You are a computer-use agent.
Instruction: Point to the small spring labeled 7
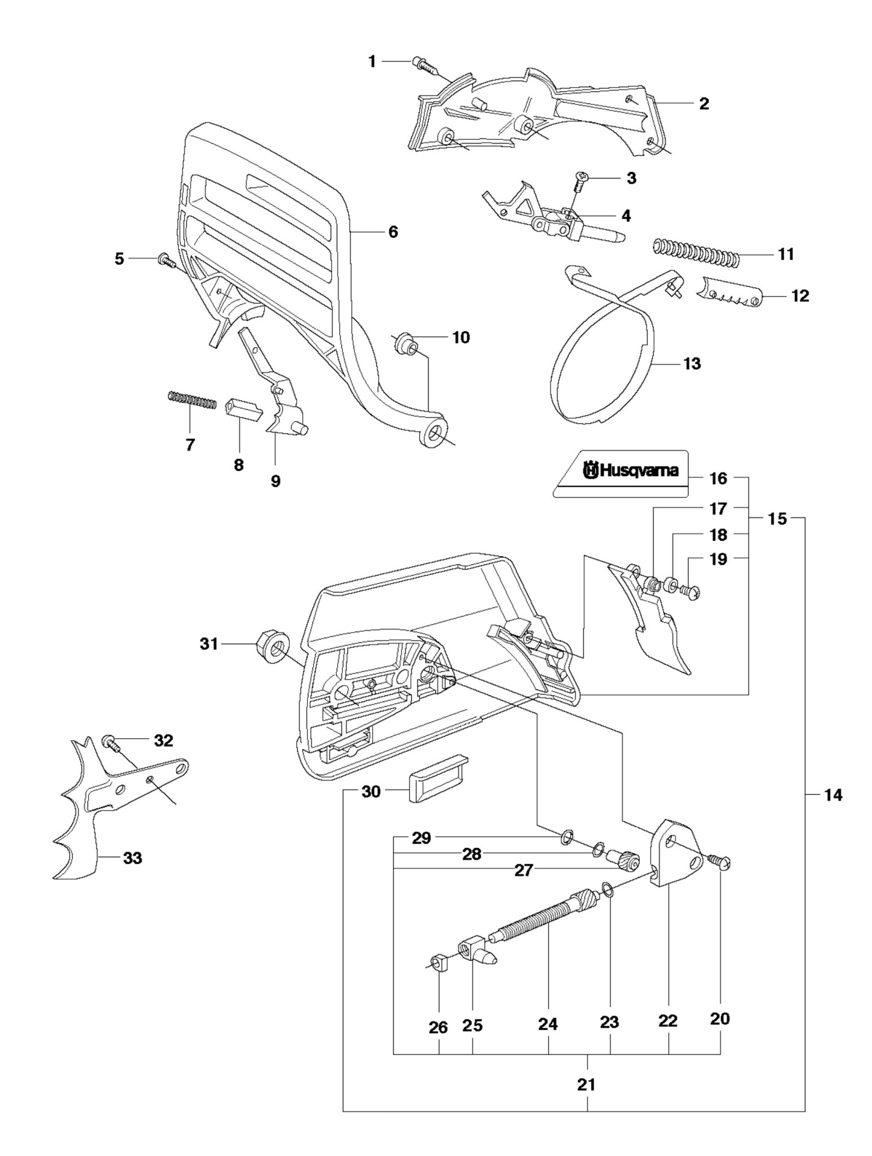click(x=192, y=401)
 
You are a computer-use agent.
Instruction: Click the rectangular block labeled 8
click(x=244, y=410)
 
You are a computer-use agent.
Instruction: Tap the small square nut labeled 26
click(x=439, y=961)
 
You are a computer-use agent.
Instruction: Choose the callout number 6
click(x=393, y=231)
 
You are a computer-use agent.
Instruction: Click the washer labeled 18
click(x=671, y=583)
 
